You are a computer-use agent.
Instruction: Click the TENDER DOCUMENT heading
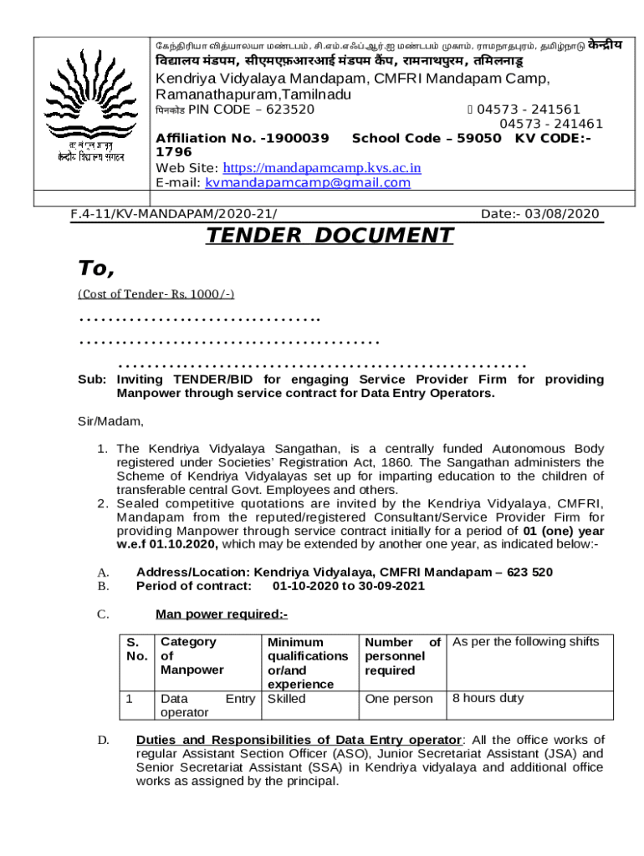point(330,236)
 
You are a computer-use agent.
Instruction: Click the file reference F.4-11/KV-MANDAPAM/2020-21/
point(174,214)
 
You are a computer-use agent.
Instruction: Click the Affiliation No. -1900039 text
point(242,138)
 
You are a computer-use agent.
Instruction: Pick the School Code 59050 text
point(427,138)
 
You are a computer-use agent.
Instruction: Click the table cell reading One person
point(400,699)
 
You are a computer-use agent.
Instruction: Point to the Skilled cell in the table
point(286,699)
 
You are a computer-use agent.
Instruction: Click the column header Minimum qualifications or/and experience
point(307,663)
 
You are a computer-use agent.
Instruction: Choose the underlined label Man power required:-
point(222,614)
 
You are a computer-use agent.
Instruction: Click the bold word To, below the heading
point(95,268)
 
